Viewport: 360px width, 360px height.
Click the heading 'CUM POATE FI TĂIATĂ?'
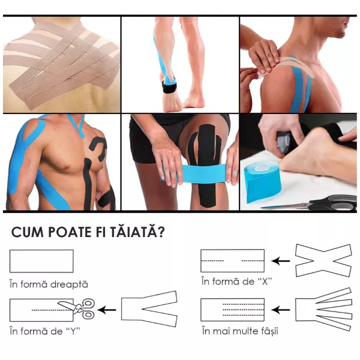[89, 232]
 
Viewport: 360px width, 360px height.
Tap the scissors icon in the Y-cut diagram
[83, 308]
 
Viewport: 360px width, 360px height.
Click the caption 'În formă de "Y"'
[47, 331]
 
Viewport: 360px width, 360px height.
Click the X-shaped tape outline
[323, 260]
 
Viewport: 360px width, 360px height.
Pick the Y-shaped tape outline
[149, 309]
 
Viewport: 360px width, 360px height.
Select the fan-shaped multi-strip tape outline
[323, 308]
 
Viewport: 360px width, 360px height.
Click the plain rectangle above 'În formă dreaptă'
[41, 261]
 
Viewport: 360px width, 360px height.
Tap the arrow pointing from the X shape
[280, 260]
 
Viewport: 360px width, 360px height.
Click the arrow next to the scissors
[107, 310]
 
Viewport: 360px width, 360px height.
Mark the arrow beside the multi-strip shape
[280, 310]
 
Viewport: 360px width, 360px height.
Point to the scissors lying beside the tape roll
[312, 204]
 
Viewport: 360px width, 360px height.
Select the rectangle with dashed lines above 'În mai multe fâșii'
[232, 309]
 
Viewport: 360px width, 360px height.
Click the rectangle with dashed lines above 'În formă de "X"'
[232, 261]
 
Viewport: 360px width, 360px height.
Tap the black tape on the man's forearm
[106, 198]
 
